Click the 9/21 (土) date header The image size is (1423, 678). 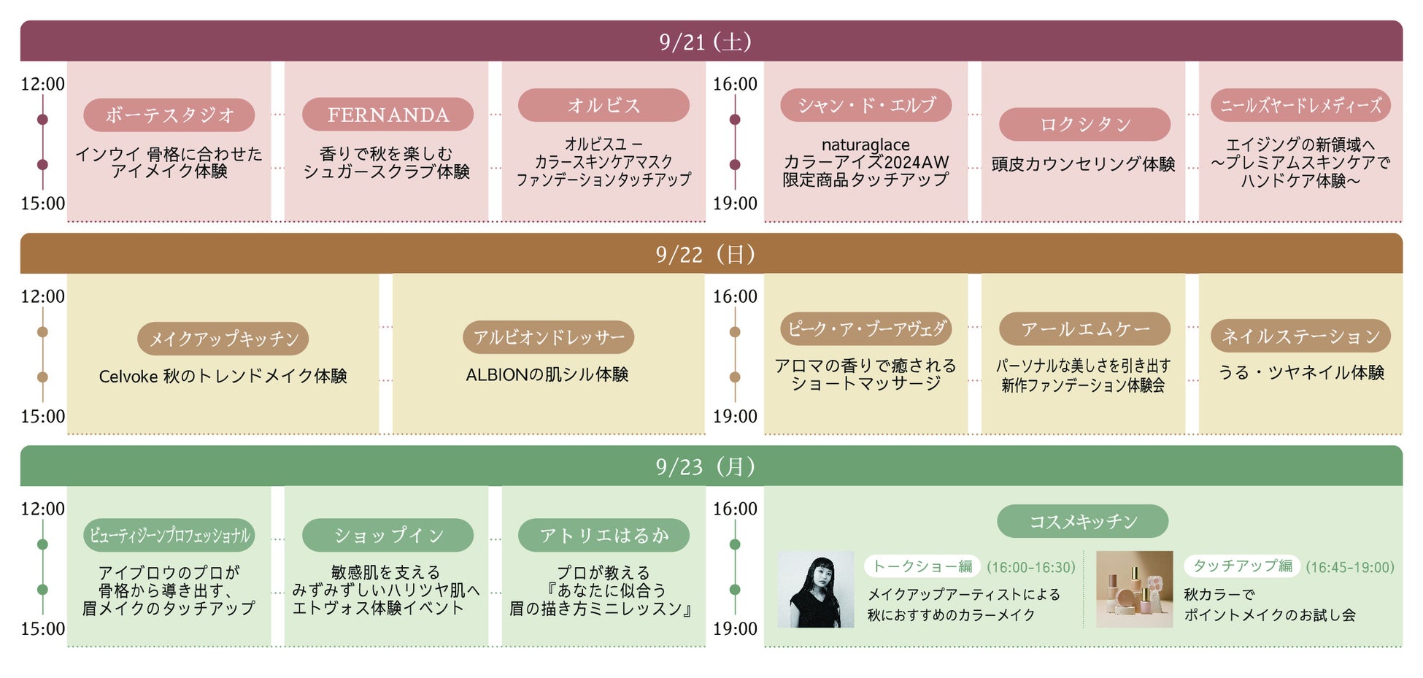point(705,42)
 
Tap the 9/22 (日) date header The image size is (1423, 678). point(705,254)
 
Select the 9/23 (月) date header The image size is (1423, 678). point(705,466)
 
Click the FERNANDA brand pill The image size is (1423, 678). point(387,115)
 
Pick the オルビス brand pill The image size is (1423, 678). point(603,105)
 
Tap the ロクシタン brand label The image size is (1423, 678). point(1084,124)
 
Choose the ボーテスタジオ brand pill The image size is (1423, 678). point(169,115)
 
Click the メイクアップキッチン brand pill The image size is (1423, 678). point(223,339)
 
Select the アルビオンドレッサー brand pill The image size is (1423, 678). point(548,337)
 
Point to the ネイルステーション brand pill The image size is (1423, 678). point(1300,336)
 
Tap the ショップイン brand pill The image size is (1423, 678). point(387,536)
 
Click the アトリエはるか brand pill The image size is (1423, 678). point(603,536)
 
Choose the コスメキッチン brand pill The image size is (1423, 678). point(1082,521)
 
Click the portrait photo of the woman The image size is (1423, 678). point(815,590)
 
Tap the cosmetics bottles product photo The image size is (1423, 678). point(1134,590)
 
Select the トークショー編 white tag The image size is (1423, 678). point(922,566)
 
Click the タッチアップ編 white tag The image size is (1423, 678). point(1242,566)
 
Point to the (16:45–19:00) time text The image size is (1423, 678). point(1350,567)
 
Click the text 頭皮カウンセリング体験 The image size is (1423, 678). point(1083,164)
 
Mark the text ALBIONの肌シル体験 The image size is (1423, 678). point(547,375)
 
